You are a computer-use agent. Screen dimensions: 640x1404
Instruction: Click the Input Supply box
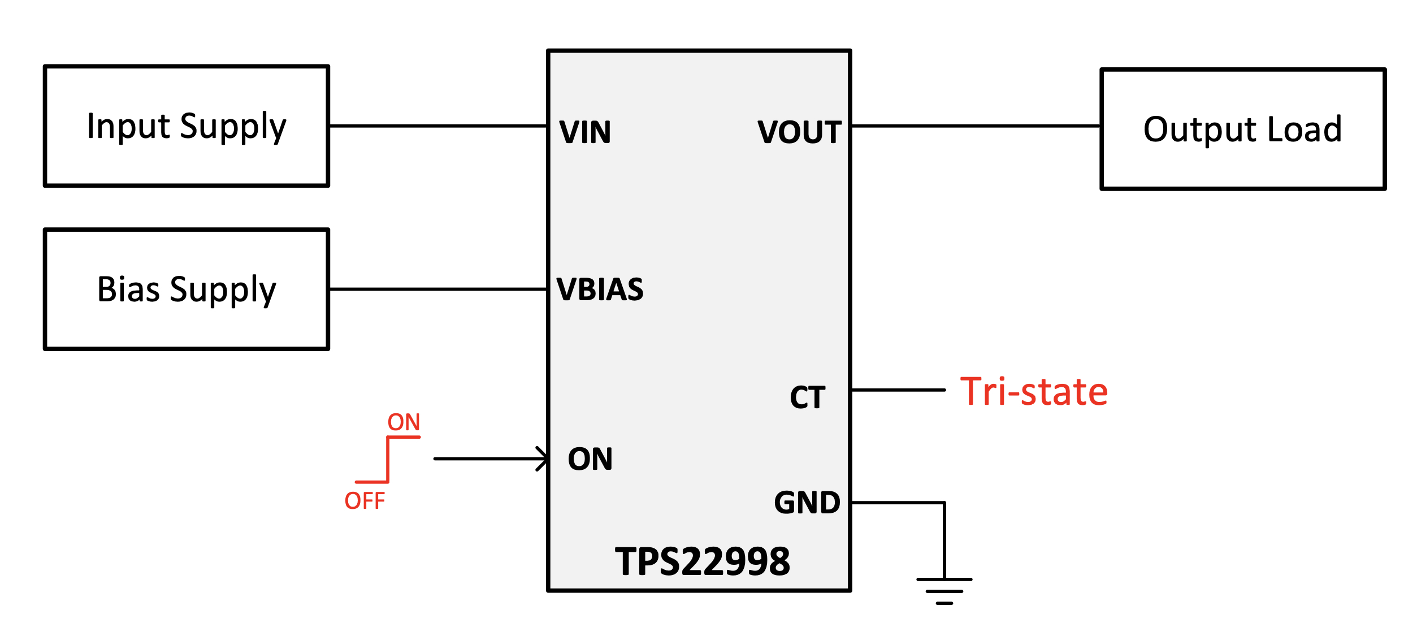click(187, 126)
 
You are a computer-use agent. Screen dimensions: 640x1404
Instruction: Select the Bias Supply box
click(187, 289)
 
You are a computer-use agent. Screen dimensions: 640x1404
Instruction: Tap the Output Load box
click(1242, 129)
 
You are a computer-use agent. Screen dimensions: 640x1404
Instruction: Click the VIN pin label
click(585, 132)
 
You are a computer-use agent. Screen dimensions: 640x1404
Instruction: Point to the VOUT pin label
click(799, 132)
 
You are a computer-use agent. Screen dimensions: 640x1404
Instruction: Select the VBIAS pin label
click(600, 289)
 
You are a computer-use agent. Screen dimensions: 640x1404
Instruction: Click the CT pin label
click(807, 397)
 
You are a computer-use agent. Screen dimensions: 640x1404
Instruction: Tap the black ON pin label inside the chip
click(590, 459)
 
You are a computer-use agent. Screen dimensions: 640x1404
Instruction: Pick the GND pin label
click(807, 503)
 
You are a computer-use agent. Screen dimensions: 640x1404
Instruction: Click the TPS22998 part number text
click(702, 562)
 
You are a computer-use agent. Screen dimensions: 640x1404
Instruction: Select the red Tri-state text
click(1034, 391)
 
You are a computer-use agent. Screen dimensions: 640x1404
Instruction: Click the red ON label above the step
click(404, 422)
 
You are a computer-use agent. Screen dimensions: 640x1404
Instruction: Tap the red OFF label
click(365, 501)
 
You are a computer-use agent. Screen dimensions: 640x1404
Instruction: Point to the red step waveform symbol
click(388, 460)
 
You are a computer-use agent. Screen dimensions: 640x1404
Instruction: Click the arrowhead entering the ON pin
click(543, 459)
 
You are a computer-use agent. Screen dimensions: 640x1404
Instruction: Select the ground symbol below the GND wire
click(944, 591)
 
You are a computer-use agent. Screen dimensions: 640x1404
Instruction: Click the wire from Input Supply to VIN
click(438, 126)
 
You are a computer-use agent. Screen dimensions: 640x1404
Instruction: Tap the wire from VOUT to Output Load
click(976, 126)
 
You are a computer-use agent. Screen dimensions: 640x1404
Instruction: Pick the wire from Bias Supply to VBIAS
click(438, 289)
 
